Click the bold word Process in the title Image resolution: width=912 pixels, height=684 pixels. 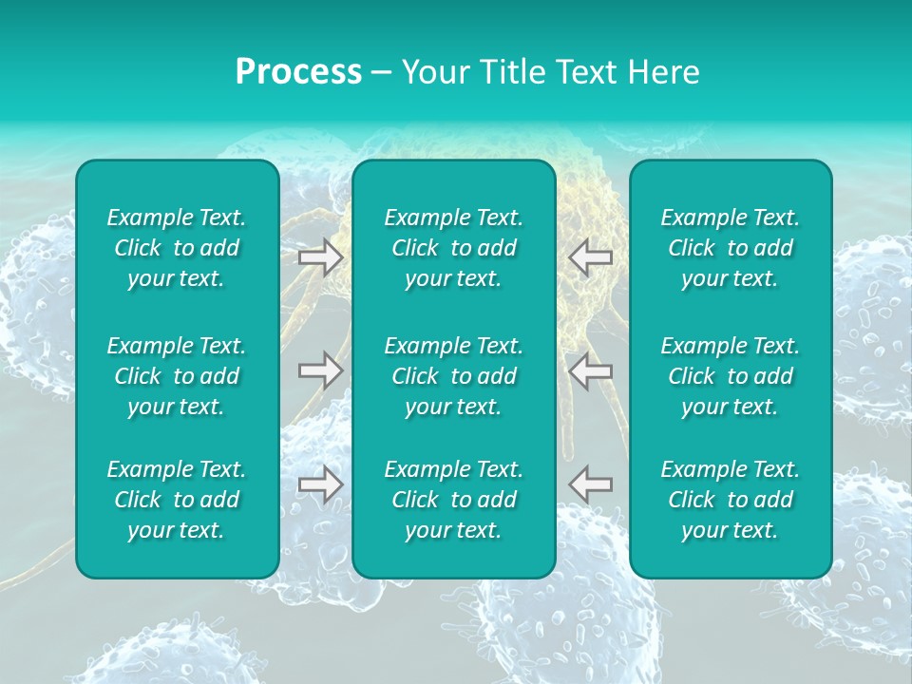(x=298, y=72)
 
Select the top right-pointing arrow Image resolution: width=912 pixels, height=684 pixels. (x=320, y=257)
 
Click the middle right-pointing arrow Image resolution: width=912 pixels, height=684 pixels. (x=320, y=370)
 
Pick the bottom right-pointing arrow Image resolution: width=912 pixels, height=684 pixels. (x=320, y=484)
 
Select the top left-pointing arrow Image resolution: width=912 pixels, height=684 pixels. (x=590, y=257)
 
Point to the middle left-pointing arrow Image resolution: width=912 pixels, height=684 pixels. (x=590, y=370)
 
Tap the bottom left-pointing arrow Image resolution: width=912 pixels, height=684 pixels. (x=590, y=484)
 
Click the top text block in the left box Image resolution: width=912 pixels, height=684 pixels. (x=177, y=248)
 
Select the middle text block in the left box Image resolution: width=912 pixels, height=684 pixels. (x=177, y=376)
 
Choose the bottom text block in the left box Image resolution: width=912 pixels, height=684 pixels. (x=177, y=500)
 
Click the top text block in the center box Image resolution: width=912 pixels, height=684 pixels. (x=453, y=248)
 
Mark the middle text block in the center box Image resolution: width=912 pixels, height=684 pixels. (x=453, y=376)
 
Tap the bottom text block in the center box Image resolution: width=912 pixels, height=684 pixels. (x=453, y=500)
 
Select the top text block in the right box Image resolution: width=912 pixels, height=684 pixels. (x=730, y=248)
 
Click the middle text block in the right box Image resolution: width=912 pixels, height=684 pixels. (x=730, y=376)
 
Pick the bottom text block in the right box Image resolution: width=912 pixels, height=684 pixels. (x=730, y=500)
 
